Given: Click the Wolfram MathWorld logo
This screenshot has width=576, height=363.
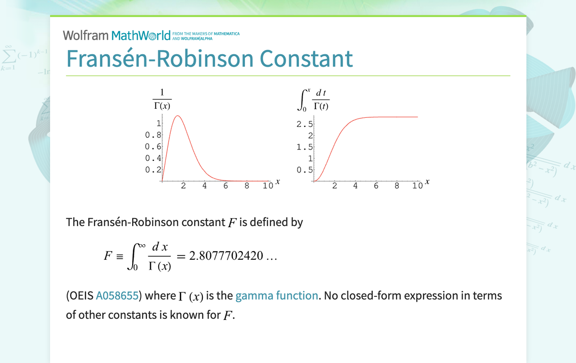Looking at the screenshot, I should click(116, 36).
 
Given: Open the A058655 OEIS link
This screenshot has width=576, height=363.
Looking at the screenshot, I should click(117, 296).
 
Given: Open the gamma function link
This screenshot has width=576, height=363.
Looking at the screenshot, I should click(276, 296).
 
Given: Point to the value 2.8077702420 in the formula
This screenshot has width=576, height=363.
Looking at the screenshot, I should click(226, 256).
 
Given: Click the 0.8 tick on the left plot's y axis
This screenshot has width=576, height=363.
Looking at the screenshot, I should click(153, 135).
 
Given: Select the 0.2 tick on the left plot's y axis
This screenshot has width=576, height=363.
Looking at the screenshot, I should click(153, 169).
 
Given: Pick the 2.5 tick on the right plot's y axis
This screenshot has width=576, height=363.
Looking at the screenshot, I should click(305, 124).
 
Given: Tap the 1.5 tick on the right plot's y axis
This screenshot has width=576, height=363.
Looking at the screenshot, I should click(305, 147).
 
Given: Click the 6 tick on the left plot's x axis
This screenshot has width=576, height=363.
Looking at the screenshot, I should click(226, 186).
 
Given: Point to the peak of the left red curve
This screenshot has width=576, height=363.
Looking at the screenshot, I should click(177, 116).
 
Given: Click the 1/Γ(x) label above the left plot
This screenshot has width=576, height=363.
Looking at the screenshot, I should click(162, 99).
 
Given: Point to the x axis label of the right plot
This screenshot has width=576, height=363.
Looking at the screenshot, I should click(427, 181).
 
